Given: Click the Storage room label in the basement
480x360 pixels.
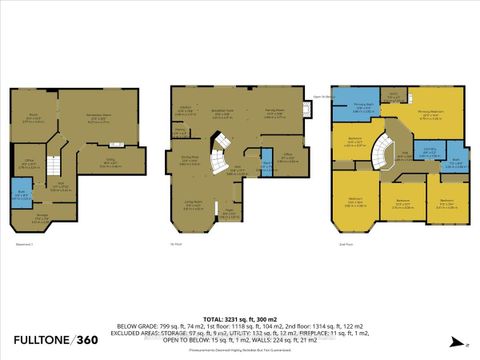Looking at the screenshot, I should click(43, 216).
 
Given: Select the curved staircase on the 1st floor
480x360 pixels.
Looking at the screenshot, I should click(219, 158).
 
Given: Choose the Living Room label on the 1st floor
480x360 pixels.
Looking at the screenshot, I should click(193, 203).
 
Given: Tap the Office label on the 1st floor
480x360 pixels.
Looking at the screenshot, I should click(286, 156).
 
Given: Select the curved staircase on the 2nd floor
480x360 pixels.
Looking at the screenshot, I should click(383, 159).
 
